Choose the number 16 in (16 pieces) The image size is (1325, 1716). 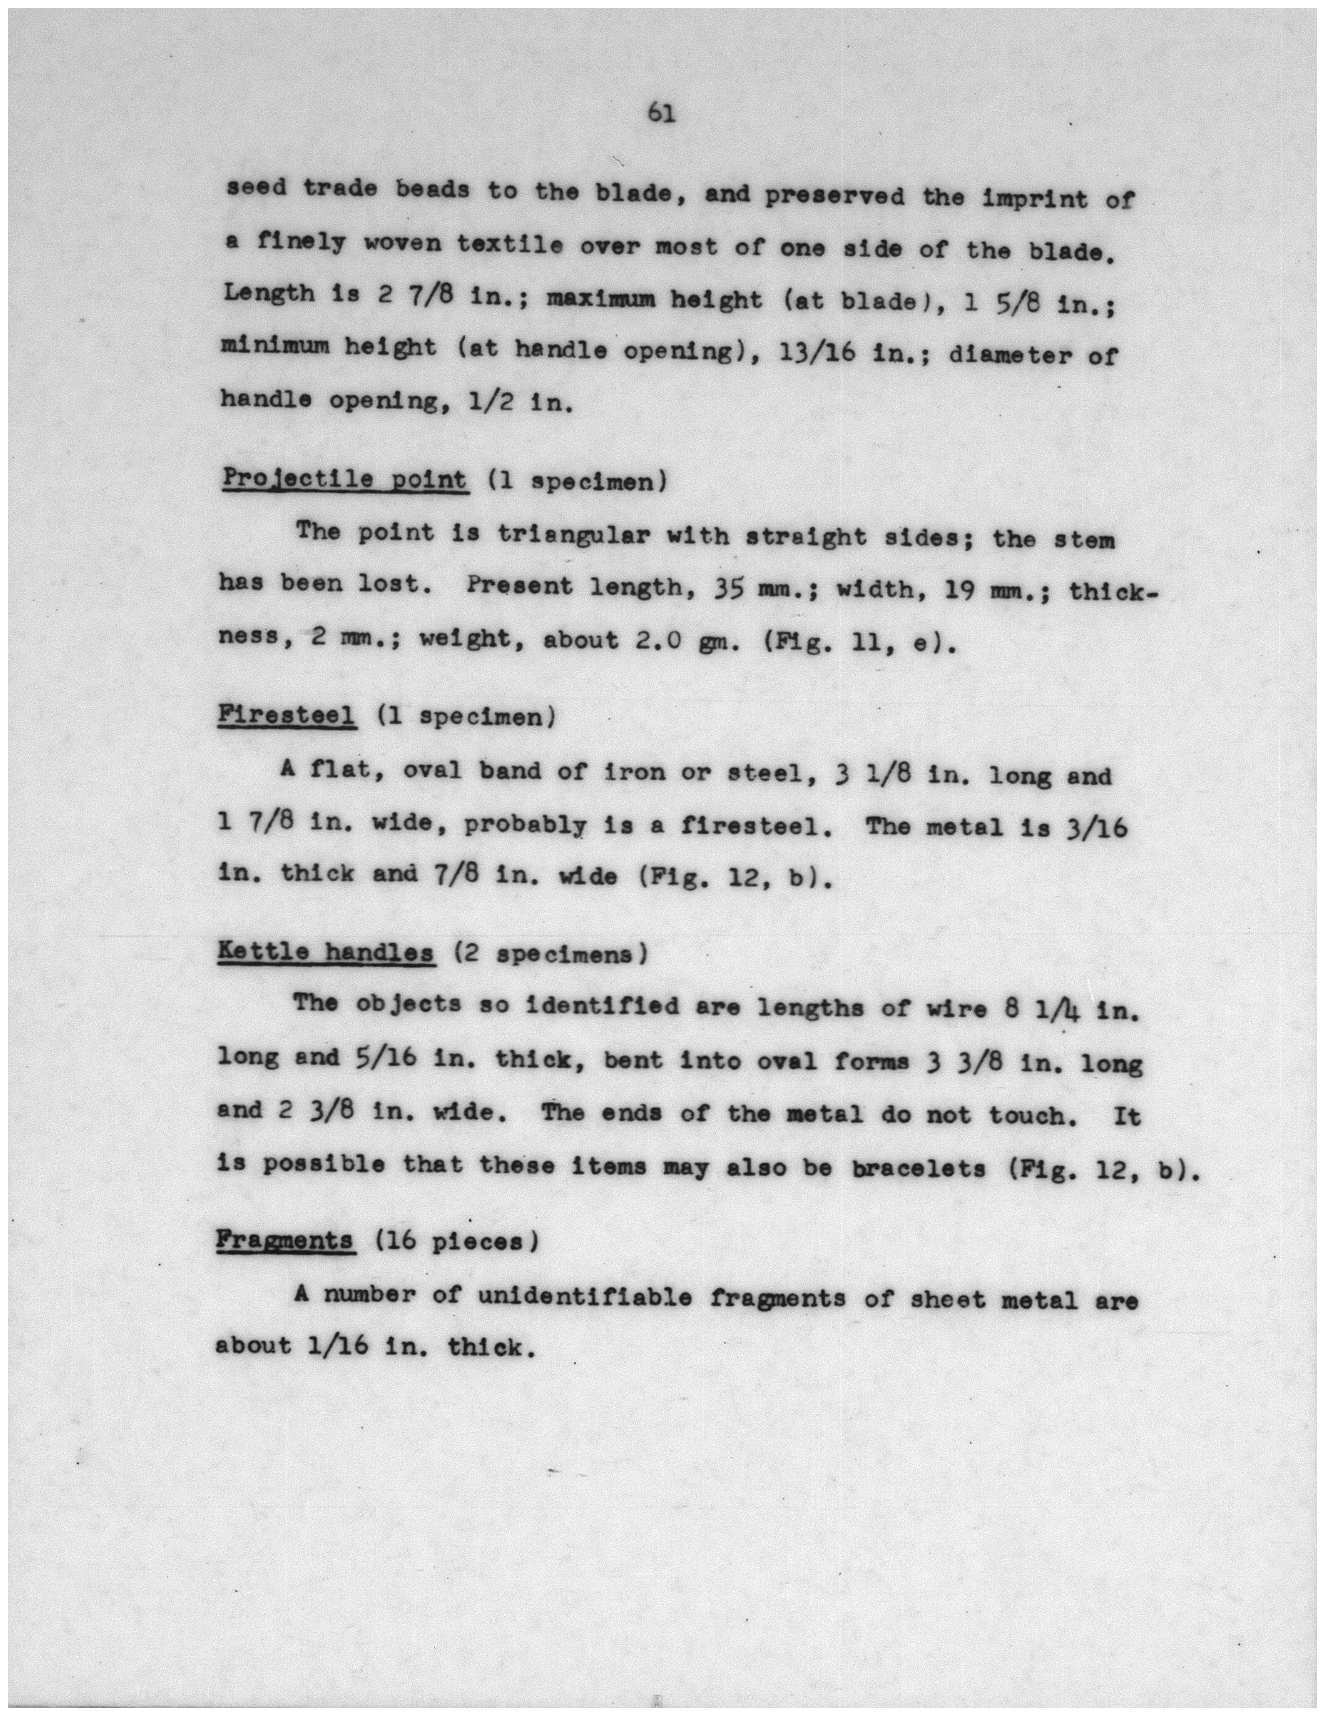391,1241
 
